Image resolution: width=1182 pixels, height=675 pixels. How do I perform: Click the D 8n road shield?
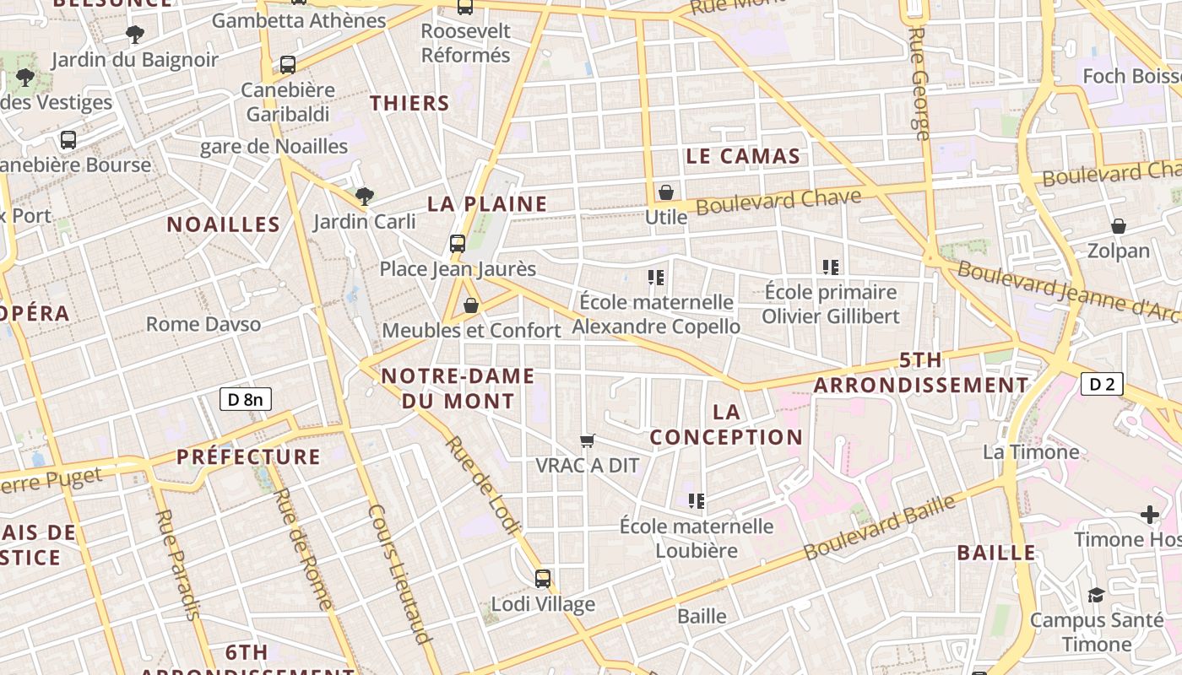click(246, 399)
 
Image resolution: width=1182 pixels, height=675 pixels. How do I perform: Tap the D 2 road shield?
click(1102, 385)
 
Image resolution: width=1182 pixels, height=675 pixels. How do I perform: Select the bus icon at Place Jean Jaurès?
click(458, 244)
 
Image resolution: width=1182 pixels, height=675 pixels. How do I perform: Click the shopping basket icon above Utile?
click(666, 192)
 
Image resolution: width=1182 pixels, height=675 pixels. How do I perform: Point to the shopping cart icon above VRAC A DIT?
click(588, 440)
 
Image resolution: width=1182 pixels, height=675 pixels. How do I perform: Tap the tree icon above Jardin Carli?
click(365, 197)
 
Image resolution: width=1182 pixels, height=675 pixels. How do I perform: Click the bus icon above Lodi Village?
click(543, 579)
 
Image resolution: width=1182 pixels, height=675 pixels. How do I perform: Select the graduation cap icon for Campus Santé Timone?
click(1096, 595)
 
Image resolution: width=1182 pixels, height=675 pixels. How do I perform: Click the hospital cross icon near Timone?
click(1149, 514)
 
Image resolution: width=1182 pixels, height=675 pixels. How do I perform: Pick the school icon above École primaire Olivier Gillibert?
click(831, 267)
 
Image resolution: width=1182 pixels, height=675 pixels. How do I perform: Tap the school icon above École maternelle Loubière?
click(697, 501)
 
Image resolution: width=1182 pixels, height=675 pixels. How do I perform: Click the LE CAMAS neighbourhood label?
click(743, 156)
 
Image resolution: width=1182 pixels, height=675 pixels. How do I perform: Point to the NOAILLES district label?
click(223, 224)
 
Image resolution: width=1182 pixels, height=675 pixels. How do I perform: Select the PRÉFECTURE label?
click(248, 457)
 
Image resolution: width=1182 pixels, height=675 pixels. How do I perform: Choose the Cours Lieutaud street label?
click(399, 574)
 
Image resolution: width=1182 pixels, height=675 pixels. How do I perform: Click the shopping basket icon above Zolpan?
click(1119, 226)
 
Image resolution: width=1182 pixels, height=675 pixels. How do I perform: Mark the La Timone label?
click(1031, 452)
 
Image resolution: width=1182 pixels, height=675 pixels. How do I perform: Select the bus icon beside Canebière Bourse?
click(68, 140)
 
